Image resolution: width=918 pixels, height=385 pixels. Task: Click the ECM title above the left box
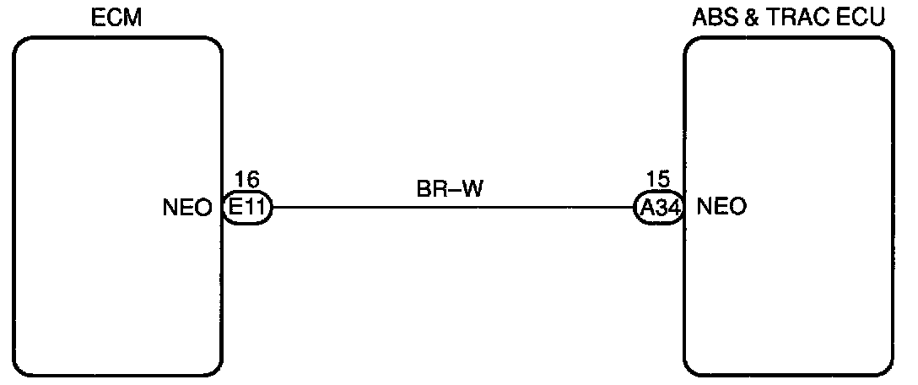116,18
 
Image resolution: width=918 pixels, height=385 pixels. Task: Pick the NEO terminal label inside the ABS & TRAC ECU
723,207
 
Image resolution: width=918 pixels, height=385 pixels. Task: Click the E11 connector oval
247,208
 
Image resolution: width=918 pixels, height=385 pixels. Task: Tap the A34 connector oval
658,208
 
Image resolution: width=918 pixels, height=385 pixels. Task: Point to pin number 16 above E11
246,180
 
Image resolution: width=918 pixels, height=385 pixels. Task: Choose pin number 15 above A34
657,180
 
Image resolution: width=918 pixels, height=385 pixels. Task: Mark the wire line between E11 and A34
452,208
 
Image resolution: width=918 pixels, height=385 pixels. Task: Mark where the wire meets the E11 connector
272,208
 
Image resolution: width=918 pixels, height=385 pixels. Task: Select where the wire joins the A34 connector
634,208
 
